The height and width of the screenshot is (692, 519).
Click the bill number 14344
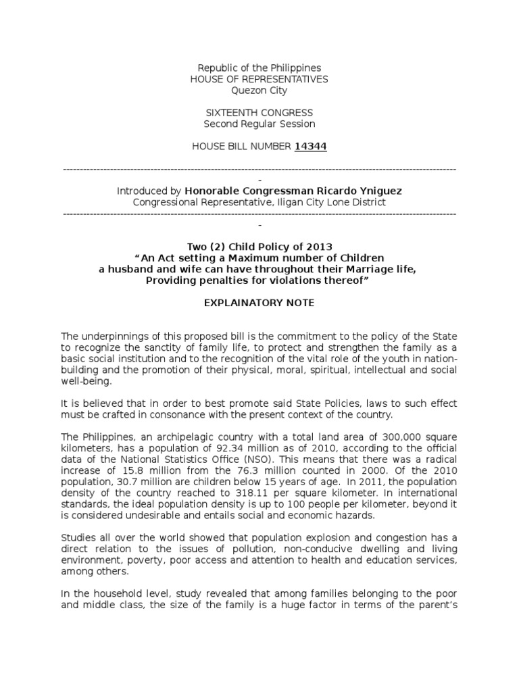click(310, 146)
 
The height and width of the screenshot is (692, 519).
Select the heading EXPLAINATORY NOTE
click(259, 303)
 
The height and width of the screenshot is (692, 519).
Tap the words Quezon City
click(259, 90)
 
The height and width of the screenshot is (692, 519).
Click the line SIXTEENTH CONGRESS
click(259, 112)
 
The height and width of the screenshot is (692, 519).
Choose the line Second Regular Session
click(259, 124)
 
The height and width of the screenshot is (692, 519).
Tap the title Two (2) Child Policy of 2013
click(259, 247)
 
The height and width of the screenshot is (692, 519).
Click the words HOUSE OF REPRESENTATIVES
click(259, 79)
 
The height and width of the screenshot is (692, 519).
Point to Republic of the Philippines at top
click(259, 68)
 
